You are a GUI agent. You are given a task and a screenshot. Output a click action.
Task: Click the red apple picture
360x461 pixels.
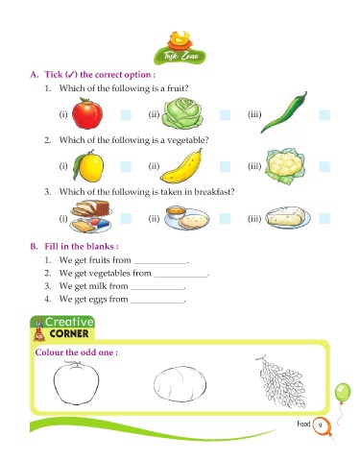point(87,113)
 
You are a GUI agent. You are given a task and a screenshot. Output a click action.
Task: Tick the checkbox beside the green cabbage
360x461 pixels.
point(225,115)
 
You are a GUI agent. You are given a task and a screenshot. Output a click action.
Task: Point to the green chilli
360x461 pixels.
point(283,112)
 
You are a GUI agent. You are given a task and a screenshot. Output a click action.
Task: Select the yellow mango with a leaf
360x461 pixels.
point(88,166)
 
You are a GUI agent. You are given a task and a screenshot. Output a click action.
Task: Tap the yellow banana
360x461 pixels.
point(181,166)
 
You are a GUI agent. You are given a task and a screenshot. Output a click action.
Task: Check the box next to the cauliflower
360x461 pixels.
point(324,167)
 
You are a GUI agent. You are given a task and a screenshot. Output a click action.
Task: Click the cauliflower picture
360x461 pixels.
point(284,166)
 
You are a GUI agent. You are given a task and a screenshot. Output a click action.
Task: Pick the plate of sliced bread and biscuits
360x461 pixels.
point(90,216)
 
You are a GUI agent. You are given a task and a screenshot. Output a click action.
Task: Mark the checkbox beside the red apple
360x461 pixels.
point(126,115)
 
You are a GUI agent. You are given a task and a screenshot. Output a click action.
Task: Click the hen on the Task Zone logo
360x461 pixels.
point(179,39)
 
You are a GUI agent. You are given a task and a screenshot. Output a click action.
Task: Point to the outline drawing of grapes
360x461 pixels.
point(281,381)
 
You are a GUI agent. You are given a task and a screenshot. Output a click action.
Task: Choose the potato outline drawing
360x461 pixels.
point(180,384)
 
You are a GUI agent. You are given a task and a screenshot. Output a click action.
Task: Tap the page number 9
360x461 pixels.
point(320,425)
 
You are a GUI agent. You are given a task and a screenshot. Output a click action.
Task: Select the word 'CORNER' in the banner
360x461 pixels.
point(69,333)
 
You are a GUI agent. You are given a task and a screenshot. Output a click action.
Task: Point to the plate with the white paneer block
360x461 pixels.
point(288,217)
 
